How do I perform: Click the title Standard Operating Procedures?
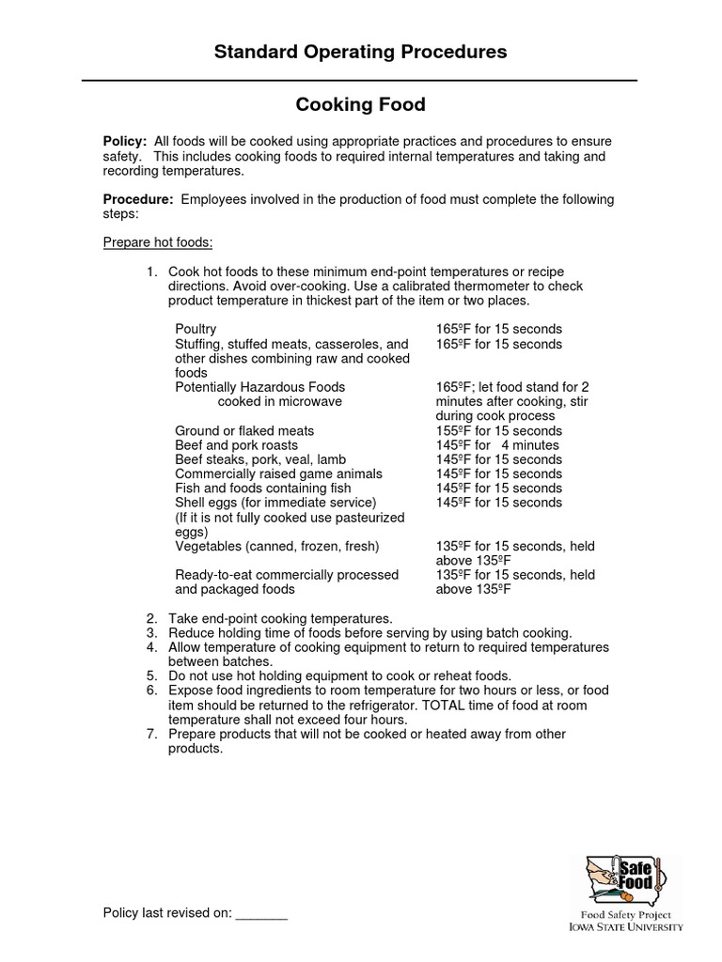(360, 53)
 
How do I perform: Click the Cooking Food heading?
(360, 105)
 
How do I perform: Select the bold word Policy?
(125, 141)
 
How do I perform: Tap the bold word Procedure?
(138, 199)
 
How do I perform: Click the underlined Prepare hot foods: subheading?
(157, 243)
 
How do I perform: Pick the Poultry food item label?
(196, 330)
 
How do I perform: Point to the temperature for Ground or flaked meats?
(498, 431)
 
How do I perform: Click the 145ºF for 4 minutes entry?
(496, 445)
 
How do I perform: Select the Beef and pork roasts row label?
(236, 445)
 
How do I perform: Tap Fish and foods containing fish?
(263, 489)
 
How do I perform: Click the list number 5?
(150, 676)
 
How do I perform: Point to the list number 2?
(150, 619)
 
